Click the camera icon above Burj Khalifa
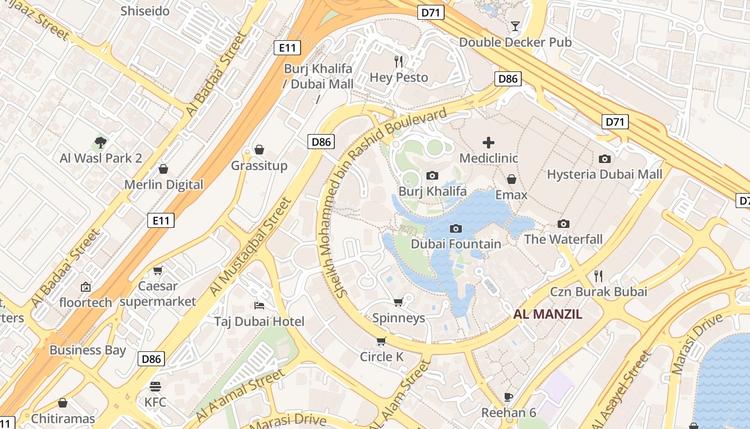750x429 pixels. coord(432,175)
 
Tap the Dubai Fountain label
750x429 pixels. coord(456,244)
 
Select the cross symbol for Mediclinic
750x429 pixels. coord(489,143)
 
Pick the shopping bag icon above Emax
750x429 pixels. coord(512,179)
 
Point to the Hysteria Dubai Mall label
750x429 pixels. coord(604,174)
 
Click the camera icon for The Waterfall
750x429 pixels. coord(563,224)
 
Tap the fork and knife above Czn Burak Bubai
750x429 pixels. coord(598,276)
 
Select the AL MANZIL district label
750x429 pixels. coord(547,314)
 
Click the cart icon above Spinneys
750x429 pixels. coord(398,302)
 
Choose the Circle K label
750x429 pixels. coord(381,357)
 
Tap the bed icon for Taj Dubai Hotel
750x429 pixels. coord(259,306)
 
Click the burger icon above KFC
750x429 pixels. coord(155,387)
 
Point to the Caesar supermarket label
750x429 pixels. coord(158,294)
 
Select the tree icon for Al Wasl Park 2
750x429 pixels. coord(100,143)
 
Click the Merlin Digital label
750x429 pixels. coord(164,184)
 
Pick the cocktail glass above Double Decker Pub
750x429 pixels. coord(515,26)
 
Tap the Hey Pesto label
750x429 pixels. coord(399,77)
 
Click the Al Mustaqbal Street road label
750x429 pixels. coord(250,247)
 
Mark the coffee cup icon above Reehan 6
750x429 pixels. coord(508,397)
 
